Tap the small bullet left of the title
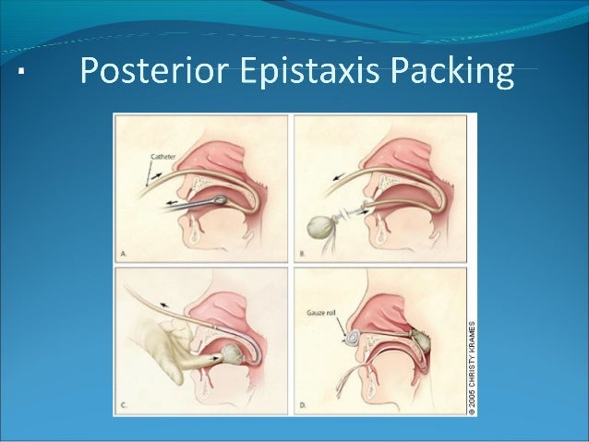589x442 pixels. pyautogui.click(x=20, y=72)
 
